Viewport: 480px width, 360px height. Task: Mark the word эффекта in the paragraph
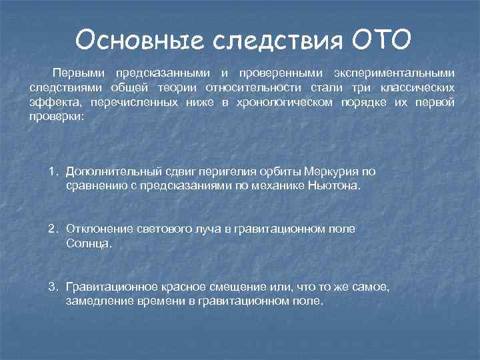tap(50, 103)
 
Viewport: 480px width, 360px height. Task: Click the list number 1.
tap(53, 171)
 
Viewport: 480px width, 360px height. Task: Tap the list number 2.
tap(53, 229)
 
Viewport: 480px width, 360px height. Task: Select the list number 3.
tap(53, 286)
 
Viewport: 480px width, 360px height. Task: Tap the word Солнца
tap(87, 244)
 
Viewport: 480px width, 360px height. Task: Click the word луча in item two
tap(211, 229)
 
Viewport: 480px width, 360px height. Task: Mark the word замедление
tap(97, 301)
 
